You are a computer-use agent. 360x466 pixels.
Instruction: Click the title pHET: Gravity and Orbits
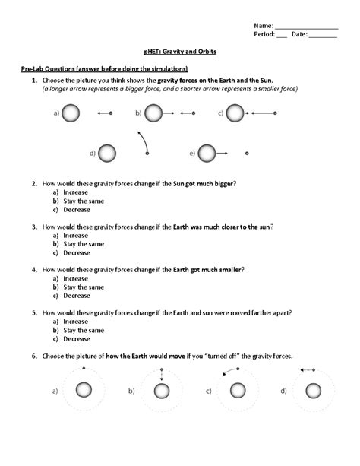click(180, 52)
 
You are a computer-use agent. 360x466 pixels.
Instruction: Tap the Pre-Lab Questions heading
click(104, 69)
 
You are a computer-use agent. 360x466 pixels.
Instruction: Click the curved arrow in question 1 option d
click(141, 141)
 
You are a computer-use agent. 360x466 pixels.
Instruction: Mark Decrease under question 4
click(77, 296)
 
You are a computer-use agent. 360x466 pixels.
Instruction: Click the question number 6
click(34, 356)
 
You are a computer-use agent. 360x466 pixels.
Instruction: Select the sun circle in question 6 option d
click(312, 391)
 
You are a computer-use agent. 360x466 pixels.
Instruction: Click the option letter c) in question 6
click(208, 391)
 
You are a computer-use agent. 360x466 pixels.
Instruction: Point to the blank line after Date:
click(324, 35)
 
